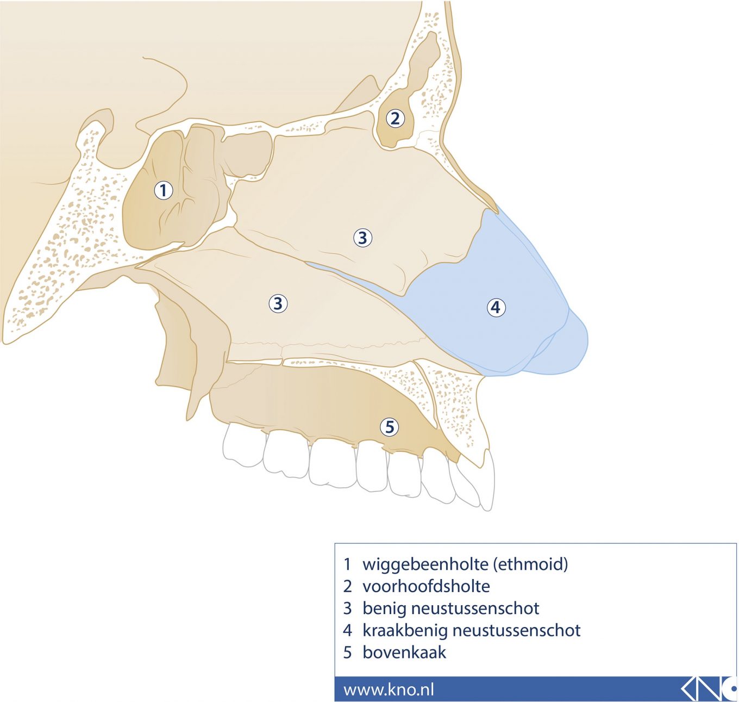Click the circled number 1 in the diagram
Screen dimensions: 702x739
(163, 190)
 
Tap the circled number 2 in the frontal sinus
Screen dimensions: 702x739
(395, 118)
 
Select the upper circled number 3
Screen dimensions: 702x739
(362, 238)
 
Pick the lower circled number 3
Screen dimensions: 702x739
(278, 303)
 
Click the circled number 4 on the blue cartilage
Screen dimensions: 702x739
(496, 307)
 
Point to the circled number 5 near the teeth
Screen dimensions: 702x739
(389, 427)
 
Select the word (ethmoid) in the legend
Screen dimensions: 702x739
(530, 564)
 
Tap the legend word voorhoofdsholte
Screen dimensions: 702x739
(426, 586)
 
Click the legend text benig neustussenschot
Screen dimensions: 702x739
(450, 608)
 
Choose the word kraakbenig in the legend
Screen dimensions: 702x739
(405, 630)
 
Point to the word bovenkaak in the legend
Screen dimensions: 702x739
(404, 652)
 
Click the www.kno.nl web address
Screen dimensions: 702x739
(389, 689)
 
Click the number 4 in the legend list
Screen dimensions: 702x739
(348, 630)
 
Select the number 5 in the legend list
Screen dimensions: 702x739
(348, 652)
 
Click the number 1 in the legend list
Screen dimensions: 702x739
(348, 564)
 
